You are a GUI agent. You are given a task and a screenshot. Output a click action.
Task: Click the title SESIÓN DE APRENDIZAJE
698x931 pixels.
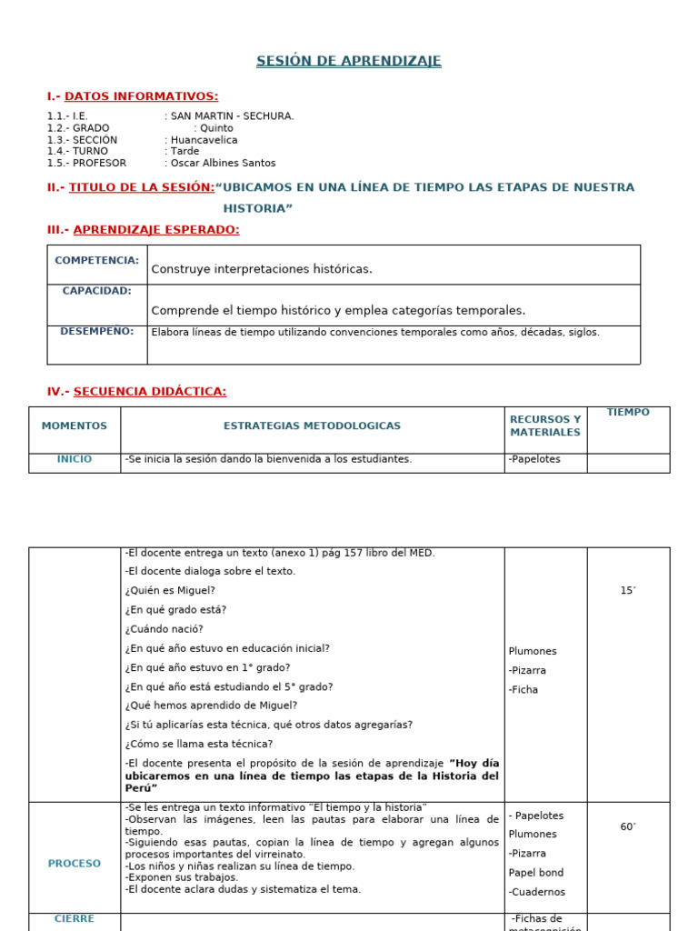coord(348,61)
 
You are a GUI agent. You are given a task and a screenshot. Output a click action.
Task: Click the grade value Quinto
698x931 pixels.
coord(216,128)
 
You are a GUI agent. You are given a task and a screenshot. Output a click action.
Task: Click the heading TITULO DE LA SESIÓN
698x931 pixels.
coord(142,187)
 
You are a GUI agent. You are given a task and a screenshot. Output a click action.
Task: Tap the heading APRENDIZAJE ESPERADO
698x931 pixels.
coord(155,230)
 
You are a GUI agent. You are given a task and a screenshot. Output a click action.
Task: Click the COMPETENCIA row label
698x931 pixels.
coord(96,260)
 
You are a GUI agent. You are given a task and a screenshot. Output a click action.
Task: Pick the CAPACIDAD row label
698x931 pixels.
coord(96,291)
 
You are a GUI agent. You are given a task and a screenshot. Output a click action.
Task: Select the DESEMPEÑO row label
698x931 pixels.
coord(96,331)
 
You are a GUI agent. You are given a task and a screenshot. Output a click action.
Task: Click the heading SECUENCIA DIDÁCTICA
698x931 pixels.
coord(149,392)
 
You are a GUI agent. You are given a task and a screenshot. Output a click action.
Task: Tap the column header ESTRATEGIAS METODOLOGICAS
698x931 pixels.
coord(312,425)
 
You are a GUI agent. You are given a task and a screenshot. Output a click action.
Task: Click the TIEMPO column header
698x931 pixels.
coord(628,413)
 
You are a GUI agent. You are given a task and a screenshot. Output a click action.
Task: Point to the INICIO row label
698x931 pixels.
coord(75,459)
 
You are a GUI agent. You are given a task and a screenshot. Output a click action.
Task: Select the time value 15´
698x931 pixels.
coord(628,591)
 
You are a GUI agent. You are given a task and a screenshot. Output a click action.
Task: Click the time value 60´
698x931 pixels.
coord(628,827)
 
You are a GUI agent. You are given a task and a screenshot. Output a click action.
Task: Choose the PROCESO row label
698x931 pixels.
coord(75,864)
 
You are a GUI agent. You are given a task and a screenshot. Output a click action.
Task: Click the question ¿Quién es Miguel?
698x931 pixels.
coord(170,591)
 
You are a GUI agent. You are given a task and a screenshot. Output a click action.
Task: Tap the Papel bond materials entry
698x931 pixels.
coord(536,873)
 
